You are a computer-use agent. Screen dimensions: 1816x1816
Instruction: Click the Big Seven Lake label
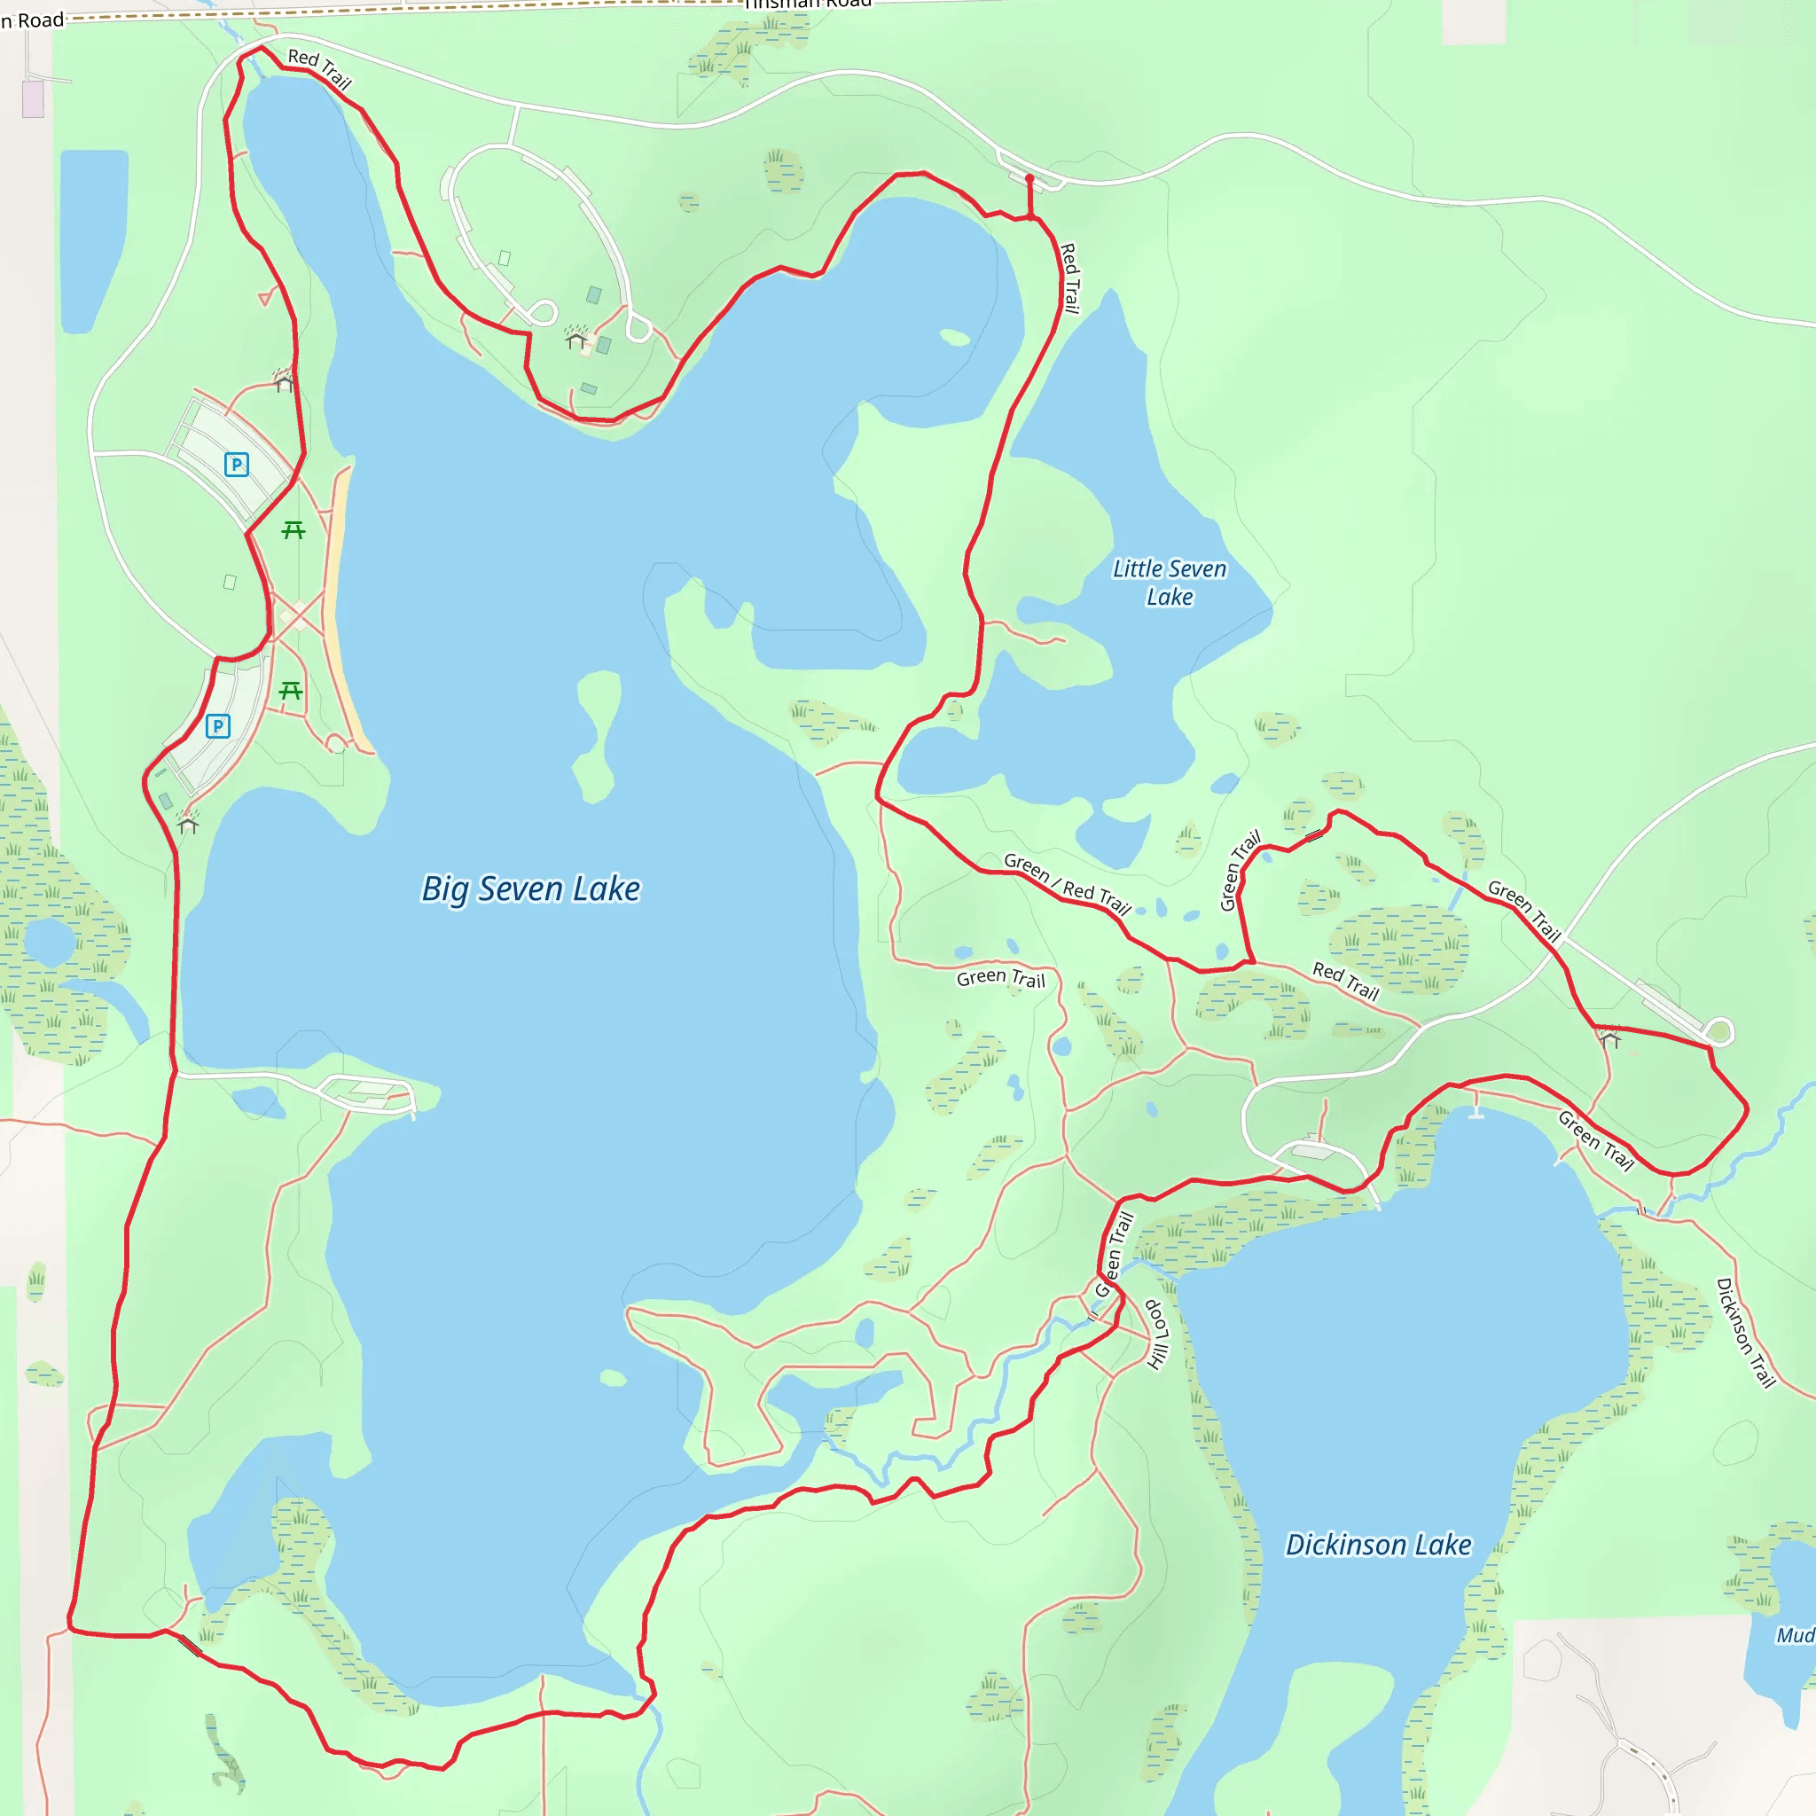click(530, 888)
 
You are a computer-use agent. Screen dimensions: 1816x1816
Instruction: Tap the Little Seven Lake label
click(1170, 582)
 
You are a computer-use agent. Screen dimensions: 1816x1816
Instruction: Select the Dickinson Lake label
click(1378, 1545)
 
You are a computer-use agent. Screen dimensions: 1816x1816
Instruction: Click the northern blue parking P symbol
click(236, 464)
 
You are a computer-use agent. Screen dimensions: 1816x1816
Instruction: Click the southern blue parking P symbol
click(217, 725)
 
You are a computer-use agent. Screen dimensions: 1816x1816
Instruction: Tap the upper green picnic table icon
click(294, 530)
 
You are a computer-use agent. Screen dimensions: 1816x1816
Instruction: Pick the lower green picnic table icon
click(291, 691)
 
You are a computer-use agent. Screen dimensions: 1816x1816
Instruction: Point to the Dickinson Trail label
click(1745, 1332)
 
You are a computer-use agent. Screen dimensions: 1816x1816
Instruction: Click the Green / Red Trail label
click(1067, 883)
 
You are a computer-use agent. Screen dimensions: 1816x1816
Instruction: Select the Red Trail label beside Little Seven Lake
click(1069, 278)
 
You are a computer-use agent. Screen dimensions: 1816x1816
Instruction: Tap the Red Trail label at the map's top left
click(319, 68)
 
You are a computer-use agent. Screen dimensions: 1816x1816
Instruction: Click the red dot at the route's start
click(1029, 177)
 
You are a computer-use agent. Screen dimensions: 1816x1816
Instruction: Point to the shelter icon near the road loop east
click(1609, 1038)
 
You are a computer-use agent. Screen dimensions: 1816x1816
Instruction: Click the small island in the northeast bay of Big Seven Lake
click(955, 336)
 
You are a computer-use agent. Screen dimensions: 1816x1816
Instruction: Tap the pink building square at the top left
click(33, 98)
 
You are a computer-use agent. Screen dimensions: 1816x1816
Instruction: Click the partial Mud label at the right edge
click(1795, 1635)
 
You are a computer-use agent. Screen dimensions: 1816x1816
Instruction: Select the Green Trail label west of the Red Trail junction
click(1000, 977)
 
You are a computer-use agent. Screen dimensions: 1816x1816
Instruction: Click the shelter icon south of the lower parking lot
click(188, 826)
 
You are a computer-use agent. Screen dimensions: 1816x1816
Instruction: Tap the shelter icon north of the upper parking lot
click(284, 381)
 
